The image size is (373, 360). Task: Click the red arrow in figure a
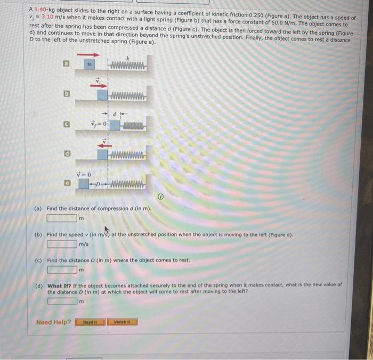point(88,54)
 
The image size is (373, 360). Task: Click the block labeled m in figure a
point(90,65)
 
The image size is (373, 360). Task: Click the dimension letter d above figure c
point(113,114)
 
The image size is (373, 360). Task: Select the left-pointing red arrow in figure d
point(106,142)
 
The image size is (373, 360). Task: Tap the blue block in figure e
point(84,184)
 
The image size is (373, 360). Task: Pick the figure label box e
point(67,183)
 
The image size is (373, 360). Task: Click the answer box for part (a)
point(62,218)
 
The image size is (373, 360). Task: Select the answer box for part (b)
point(62,244)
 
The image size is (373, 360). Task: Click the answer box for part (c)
point(62,269)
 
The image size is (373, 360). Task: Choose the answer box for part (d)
point(62,301)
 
